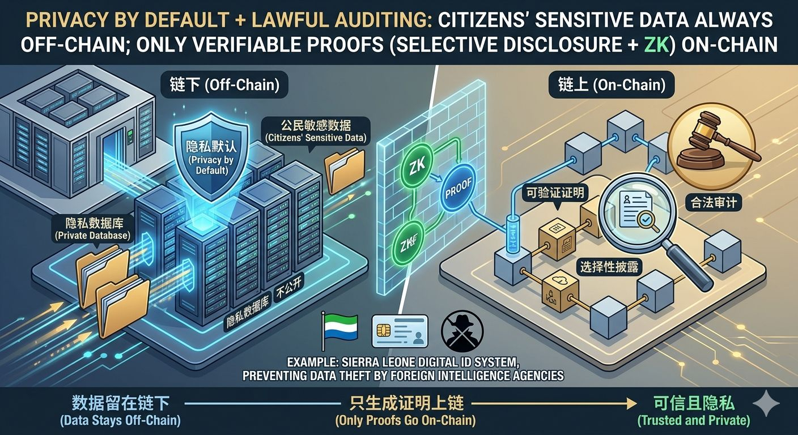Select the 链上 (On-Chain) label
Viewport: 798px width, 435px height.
click(608, 86)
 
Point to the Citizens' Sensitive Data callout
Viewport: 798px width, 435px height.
click(316, 131)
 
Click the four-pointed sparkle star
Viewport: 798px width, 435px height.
click(769, 403)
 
